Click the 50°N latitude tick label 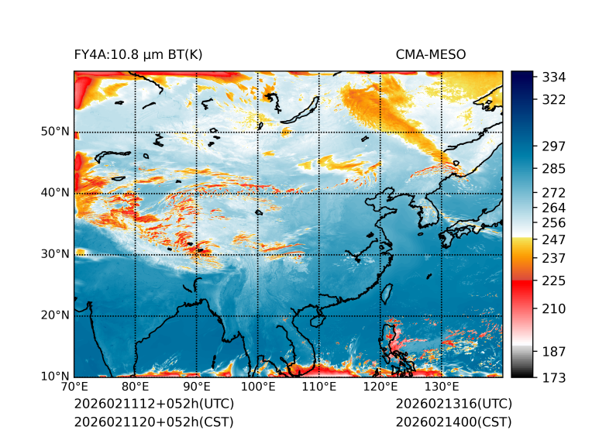(x=56, y=131)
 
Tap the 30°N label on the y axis (x=56, y=253)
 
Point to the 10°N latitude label (x=56, y=377)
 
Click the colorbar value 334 (x=554, y=77)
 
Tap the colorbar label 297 (x=554, y=146)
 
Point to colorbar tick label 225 (x=554, y=280)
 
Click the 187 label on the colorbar (x=554, y=351)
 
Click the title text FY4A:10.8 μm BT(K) (x=139, y=55)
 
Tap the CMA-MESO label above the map (x=431, y=55)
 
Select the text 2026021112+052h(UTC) (x=153, y=404)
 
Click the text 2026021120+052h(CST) (x=153, y=422)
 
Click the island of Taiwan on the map (x=385, y=293)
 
